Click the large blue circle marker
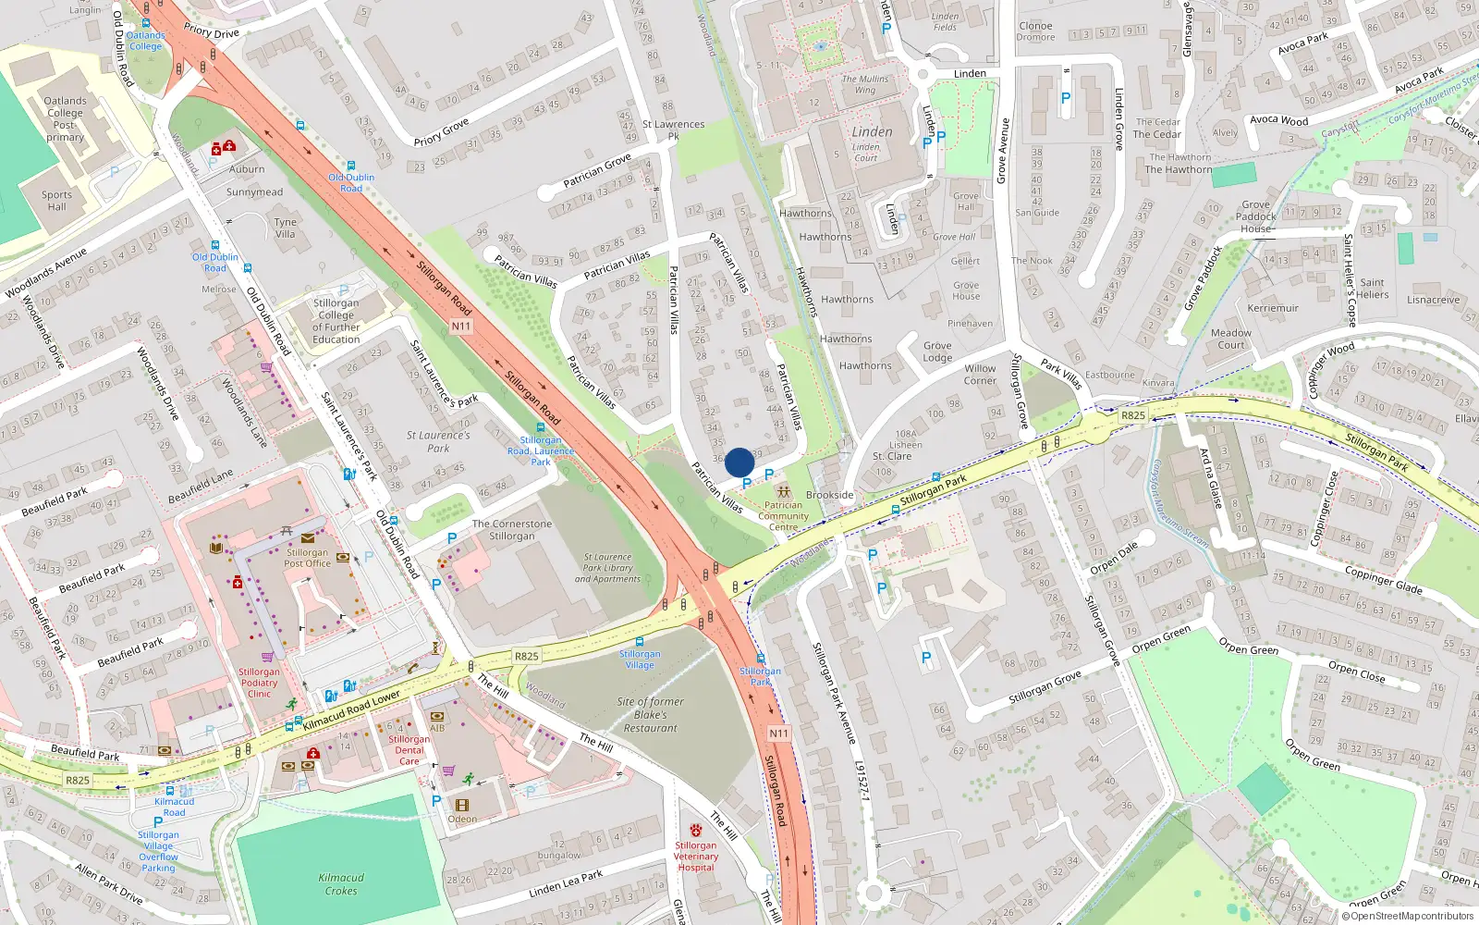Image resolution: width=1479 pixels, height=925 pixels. pos(739,462)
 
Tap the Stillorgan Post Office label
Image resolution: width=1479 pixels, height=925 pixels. pos(307,558)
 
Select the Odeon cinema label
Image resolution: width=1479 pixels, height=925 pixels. pos(462,819)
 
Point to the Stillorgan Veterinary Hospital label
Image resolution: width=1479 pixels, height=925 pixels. pos(695,857)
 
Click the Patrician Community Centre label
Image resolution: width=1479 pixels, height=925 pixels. pos(783,516)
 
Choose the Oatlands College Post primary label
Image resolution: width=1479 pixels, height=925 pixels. pos(65,119)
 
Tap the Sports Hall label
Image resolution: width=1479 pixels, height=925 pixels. pos(56,201)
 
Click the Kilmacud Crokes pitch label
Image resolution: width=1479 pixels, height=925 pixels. pos(341,884)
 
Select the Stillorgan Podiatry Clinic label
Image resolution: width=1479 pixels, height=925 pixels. pos(259,683)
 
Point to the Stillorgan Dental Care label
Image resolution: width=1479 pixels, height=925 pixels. pos(409,750)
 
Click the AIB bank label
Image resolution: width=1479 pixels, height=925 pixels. pos(437,728)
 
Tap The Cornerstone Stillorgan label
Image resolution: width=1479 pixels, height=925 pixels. pos(511,530)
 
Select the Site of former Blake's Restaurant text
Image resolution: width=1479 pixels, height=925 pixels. pos(651,715)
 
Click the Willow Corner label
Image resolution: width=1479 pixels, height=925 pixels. pos(980,375)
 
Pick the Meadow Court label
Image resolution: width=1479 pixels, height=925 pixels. pos(1230,339)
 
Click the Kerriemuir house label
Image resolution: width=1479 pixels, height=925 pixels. pos(1273,308)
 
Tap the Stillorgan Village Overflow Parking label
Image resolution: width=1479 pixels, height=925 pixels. pos(158,851)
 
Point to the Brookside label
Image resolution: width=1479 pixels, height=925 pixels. pos(830,495)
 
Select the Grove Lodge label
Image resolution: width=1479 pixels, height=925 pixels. pos(937,351)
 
